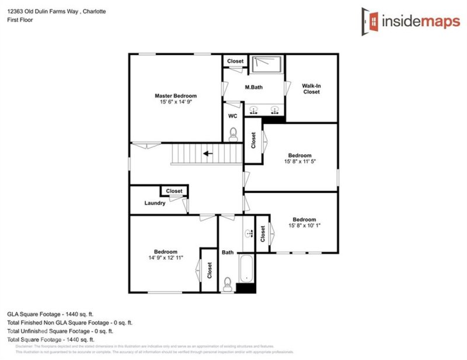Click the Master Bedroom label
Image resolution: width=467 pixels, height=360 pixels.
[175, 96]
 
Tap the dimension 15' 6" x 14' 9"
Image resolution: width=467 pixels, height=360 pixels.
[175, 102]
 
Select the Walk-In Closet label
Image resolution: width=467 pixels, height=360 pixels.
[311, 89]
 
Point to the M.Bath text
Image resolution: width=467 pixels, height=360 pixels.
[253, 87]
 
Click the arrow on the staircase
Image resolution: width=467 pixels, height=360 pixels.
[207, 154]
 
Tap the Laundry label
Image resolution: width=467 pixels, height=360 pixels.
[155, 203]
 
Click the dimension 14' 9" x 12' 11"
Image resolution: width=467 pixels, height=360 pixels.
[166, 257]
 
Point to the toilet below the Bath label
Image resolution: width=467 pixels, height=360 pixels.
[228, 283]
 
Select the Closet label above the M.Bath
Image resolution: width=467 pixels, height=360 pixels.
[235, 61]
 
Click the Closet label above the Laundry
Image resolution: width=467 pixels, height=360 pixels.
[174, 191]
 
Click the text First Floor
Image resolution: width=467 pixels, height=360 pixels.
[20, 20]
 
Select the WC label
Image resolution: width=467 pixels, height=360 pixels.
[232, 116]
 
